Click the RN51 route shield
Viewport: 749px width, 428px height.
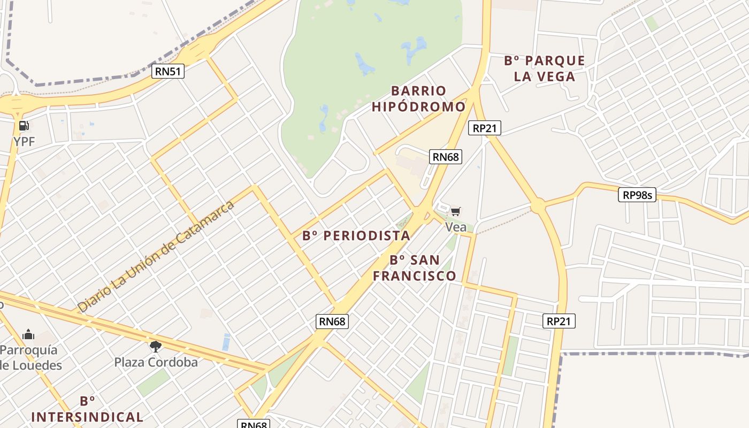(x=168, y=71)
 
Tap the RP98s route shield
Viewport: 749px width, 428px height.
(x=638, y=195)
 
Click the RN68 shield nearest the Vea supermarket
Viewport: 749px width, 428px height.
(x=446, y=157)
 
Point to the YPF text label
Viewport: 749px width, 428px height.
(x=24, y=141)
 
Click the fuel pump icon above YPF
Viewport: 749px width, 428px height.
(x=24, y=126)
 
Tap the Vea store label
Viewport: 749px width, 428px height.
(x=456, y=227)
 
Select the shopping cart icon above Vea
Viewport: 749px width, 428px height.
(x=455, y=212)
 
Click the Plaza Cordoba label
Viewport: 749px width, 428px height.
(x=156, y=362)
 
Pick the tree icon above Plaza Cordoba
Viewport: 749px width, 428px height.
(x=156, y=347)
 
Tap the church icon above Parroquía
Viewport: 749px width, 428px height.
(x=28, y=335)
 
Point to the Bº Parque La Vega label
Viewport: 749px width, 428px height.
(x=544, y=68)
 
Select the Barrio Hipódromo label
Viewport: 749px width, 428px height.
(x=418, y=99)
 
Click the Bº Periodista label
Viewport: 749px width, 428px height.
(x=356, y=236)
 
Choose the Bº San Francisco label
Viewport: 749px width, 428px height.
(x=415, y=268)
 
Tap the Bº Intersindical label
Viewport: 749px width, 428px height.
(x=87, y=409)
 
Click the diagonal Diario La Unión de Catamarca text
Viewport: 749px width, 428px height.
(x=156, y=257)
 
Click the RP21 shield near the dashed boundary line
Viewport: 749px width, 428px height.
(x=559, y=321)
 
